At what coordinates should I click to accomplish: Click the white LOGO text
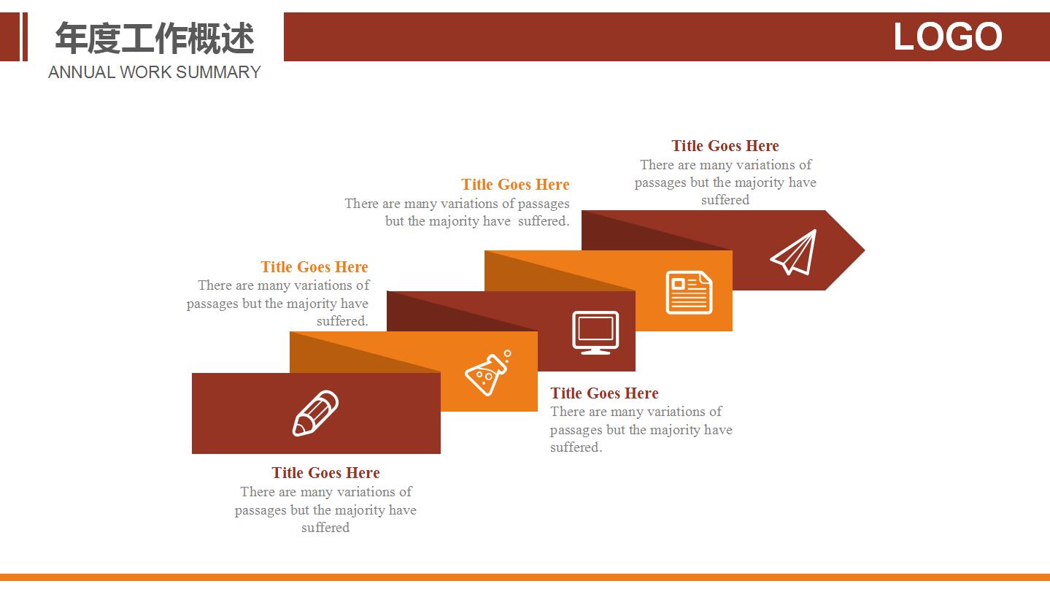[x=947, y=36]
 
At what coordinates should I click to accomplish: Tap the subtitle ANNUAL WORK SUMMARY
[x=154, y=72]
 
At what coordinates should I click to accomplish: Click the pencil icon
[x=315, y=413]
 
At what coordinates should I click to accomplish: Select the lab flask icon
[x=488, y=373]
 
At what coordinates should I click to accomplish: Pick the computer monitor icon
[x=595, y=333]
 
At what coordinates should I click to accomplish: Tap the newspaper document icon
[x=689, y=292]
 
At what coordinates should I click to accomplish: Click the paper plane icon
[x=794, y=252]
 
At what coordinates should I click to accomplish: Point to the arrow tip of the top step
[x=865, y=250]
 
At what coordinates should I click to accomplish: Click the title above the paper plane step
[x=725, y=146]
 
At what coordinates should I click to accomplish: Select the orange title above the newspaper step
[x=515, y=185]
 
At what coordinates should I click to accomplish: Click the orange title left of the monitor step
[x=314, y=267]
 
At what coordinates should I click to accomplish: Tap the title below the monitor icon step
[x=604, y=393]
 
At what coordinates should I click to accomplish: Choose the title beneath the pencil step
[x=325, y=473]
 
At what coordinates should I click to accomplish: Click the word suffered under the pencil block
[x=325, y=528]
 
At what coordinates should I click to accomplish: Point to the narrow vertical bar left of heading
[x=26, y=36]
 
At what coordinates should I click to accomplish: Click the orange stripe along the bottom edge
[x=525, y=577]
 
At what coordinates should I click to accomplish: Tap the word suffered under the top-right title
[x=725, y=200]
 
